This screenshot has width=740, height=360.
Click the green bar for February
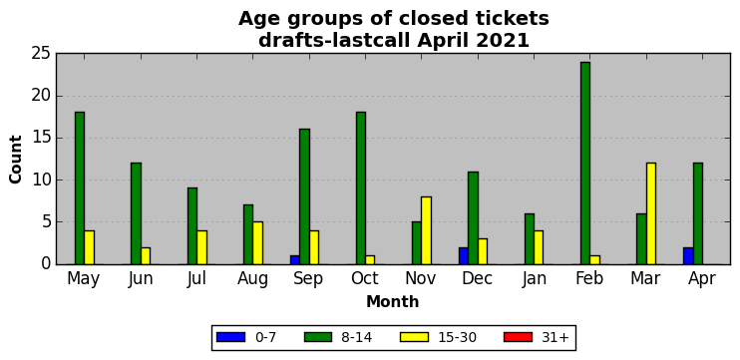click(x=585, y=164)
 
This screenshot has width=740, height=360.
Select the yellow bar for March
click(x=651, y=213)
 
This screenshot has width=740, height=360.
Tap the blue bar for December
click(x=464, y=255)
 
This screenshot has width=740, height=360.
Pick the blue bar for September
click(x=295, y=260)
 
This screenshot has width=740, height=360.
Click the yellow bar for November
click(x=426, y=230)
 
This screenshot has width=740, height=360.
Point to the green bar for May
click(x=80, y=188)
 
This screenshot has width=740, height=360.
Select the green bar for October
click(x=361, y=188)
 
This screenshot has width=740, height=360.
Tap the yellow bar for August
click(x=257, y=243)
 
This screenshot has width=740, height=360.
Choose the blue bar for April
click(x=688, y=255)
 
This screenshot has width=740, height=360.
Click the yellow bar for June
click(x=146, y=255)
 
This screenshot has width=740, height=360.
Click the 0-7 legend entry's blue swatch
click(x=230, y=337)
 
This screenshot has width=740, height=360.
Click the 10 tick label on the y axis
click(x=41, y=180)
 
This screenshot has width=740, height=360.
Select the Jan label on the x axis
click(x=534, y=279)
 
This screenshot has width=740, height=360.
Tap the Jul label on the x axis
click(x=196, y=279)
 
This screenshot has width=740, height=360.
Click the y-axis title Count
click(x=16, y=160)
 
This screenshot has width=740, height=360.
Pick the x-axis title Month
click(x=393, y=301)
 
